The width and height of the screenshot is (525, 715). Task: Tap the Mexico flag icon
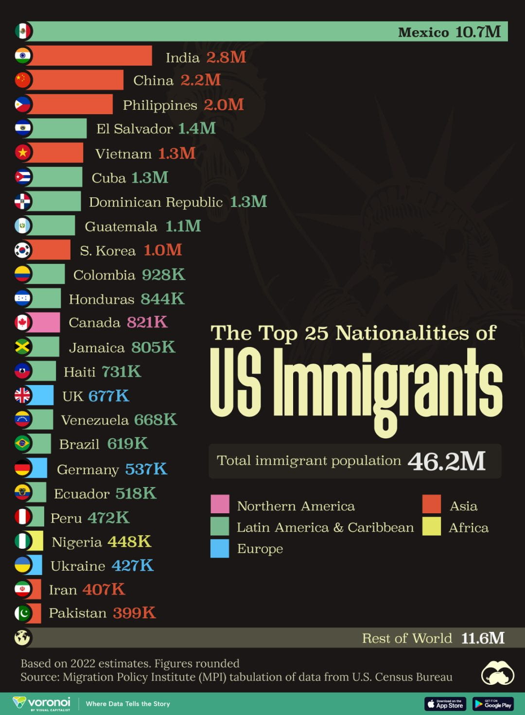point(23,31)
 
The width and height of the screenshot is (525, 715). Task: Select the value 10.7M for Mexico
point(478,32)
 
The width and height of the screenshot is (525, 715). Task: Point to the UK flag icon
point(23,395)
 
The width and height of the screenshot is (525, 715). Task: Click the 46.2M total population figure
point(446,461)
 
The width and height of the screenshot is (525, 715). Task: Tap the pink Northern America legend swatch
point(220,504)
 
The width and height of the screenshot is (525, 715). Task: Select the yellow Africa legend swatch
point(431,526)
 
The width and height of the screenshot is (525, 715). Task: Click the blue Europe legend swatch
point(220,548)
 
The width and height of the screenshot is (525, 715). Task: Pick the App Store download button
point(445,704)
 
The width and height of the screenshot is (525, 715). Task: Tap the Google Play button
point(493,704)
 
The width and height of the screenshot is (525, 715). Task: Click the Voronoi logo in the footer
point(42,703)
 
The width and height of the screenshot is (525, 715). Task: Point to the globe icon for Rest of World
point(23,637)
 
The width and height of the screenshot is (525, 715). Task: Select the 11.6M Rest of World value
point(483,638)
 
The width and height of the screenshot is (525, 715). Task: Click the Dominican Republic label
point(156,202)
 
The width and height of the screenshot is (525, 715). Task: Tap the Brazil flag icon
point(23,443)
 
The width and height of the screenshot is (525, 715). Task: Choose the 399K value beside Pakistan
point(134,613)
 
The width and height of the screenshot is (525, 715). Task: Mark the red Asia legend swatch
point(431,504)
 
